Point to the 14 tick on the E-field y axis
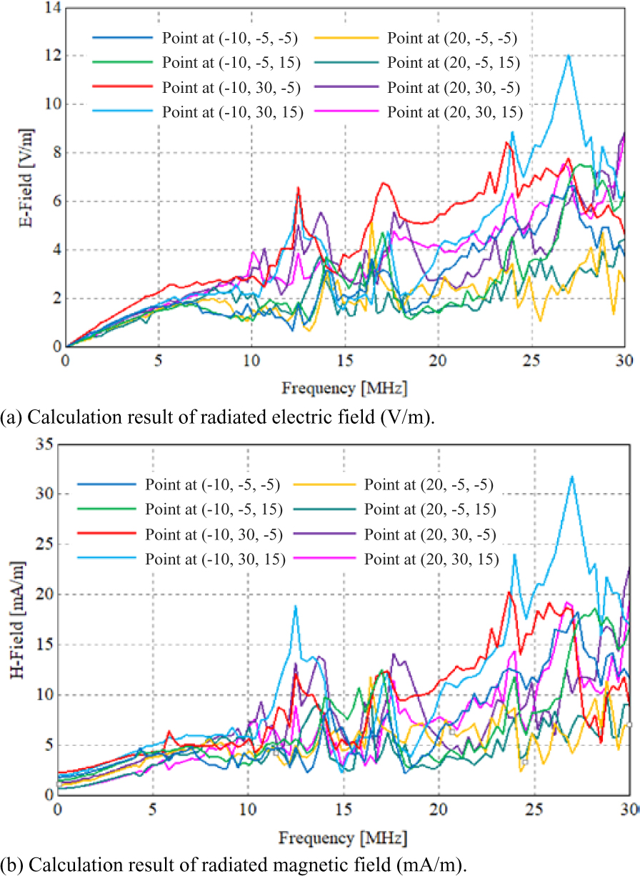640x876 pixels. click(x=51, y=8)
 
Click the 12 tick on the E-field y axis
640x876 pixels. click(x=51, y=56)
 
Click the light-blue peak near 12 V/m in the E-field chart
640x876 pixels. click(x=569, y=55)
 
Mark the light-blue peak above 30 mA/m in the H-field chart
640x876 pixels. click(x=571, y=477)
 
